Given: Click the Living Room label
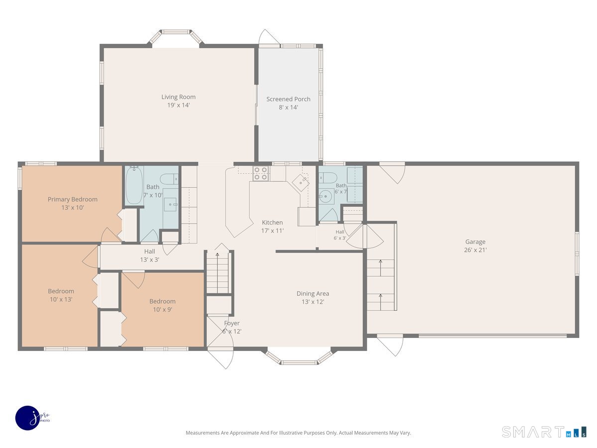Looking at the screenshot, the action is pos(179,97).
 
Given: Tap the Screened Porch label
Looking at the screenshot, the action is pos(288,99).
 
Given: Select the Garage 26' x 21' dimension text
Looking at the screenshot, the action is pos(475,250).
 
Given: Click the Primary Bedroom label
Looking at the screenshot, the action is pos(73,200).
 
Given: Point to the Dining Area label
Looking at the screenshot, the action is pos(313,294).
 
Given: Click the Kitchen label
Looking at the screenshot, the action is pos(272,222).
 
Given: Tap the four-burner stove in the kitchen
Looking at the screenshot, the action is pos(261,174).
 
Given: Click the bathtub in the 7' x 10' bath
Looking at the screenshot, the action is pos(134,186).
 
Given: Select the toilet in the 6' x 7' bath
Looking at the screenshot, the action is pos(328,178).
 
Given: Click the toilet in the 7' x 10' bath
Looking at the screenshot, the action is pos(169,179).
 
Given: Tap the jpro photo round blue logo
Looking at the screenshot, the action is pos(28,418).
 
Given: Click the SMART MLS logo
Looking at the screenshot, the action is pos(544,432).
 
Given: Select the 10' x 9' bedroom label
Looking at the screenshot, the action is pos(162,305).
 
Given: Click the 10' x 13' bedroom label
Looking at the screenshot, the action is pos(61,295).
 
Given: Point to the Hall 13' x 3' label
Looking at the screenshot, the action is pos(150,255).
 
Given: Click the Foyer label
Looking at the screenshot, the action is pos(232,323).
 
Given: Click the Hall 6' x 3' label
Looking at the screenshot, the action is pos(340,235).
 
